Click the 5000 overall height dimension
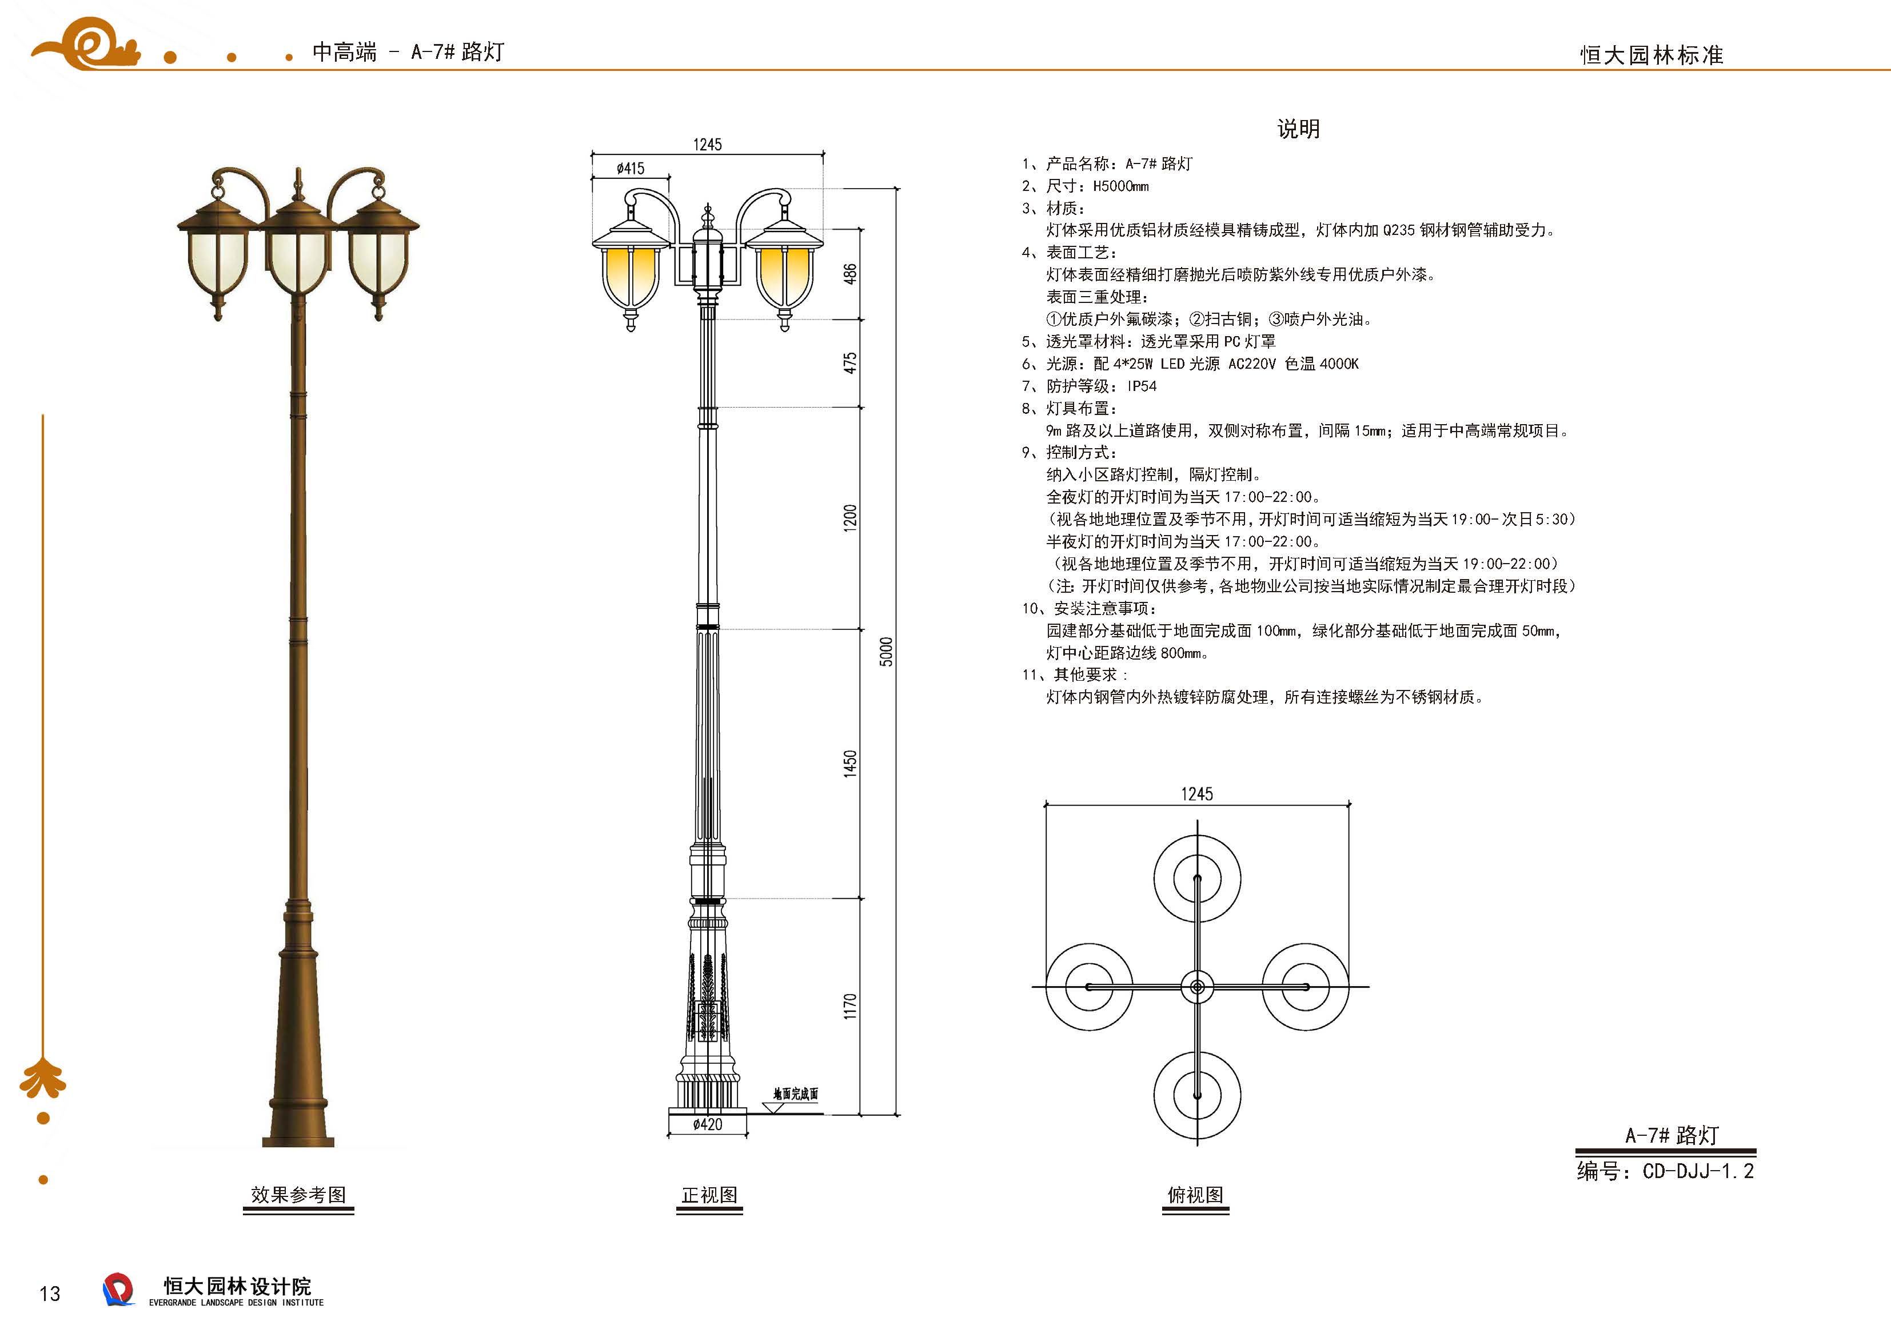point(886,651)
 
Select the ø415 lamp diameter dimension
point(631,169)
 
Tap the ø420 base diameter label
point(708,1124)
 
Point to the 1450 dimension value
point(850,763)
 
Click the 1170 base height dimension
point(850,1006)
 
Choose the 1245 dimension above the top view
point(1196,794)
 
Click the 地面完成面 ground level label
point(796,1094)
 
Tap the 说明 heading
point(1298,129)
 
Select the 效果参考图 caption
point(298,1195)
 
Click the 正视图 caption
point(709,1195)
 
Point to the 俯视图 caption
point(1195,1195)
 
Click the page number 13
point(50,1294)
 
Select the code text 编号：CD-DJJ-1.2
point(1665,1171)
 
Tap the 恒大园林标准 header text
point(1651,55)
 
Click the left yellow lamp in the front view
point(631,276)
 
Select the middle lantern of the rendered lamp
point(298,260)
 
